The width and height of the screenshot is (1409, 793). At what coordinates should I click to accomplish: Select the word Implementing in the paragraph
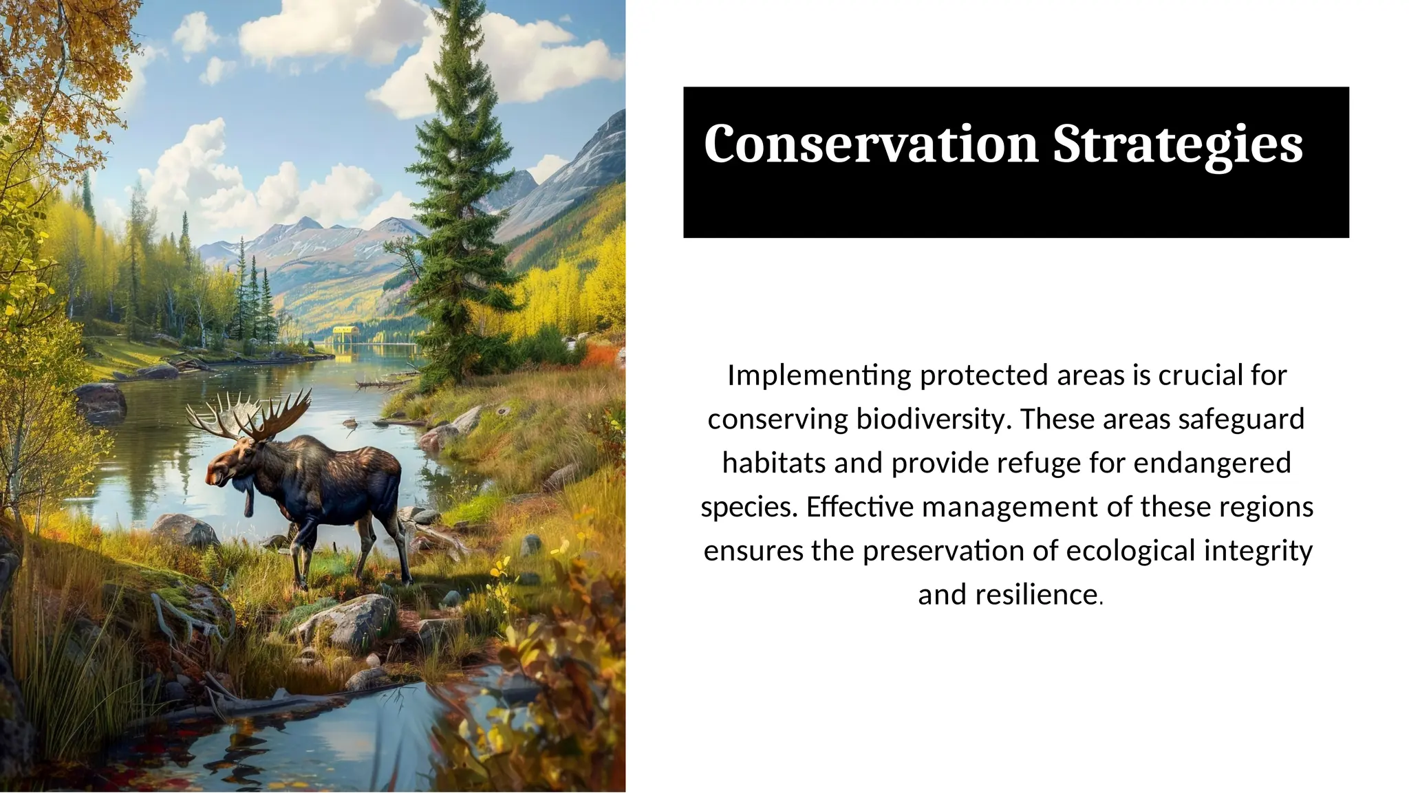click(x=819, y=376)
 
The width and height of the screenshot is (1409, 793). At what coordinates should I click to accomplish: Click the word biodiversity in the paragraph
click(x=931, y=420)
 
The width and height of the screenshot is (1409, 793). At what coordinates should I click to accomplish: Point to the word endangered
click(x=1212, y=463)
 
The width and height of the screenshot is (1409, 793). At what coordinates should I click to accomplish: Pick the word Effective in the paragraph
click(x=860, y=507)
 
